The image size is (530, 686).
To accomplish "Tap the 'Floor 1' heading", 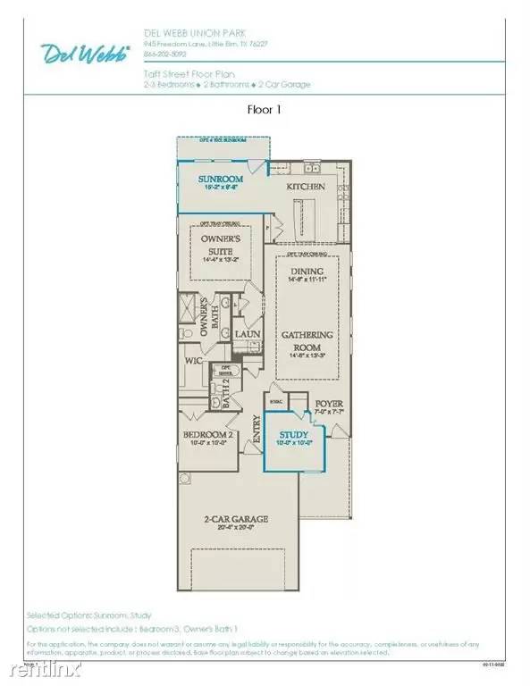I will pyautogui.click(x=265, y=111).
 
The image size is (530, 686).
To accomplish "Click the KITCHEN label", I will pyautogui.click(x=305, y=188).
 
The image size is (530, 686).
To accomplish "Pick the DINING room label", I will pyautogui.click(x=307, y=271).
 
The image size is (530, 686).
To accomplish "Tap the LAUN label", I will pyautogui.click(x=248, y=333).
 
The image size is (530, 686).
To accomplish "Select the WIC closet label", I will pyautogui.click(x=192, y=361).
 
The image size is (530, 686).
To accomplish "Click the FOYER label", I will pyautogui.click(x=329, y=404).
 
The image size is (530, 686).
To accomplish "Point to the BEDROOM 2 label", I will pyautogui.click(x=207, y=435).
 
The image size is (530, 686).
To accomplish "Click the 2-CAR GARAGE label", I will pyautogui.click(x=236, y=519).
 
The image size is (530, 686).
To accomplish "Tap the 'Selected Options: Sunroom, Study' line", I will pyautogui.click(x=88, y=615).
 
